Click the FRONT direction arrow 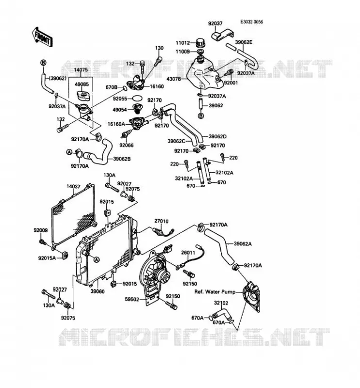coord(42,37)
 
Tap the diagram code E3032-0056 coord(251,22)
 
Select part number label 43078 coord(174,79)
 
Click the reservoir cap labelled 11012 coord(200,43)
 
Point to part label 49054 coord(119,110)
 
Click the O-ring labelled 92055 coord(137,98)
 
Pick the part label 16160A coord(116,124)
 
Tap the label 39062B coord(122,159)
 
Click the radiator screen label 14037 coord(73,186)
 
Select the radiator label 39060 coord(98,291)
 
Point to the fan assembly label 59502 coord(132,299)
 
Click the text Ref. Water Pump coord(215,292)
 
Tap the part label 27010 coord(162,221)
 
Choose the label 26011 coord(188,253)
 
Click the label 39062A coord(243,244)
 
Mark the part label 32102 coord(221,303)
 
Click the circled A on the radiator coord(97,259)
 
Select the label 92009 coord(41,230)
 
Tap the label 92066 coord(126,145)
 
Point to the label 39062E coord(244,42)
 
